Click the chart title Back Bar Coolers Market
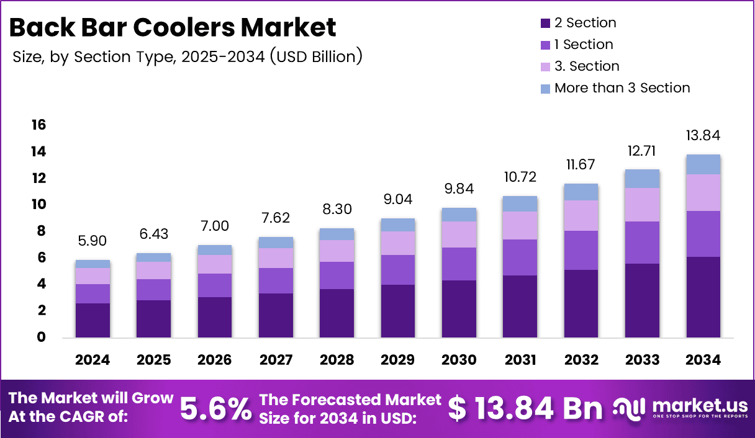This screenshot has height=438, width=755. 173,27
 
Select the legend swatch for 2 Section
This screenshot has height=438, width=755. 545,24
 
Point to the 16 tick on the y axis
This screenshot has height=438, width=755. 38,125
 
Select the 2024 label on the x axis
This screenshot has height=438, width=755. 93,360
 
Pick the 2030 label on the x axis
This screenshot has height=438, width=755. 459,360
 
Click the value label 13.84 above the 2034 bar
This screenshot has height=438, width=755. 703,136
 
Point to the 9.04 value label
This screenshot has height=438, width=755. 398,200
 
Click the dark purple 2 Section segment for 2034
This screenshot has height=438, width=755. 703,297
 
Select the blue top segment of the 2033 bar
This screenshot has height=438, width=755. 642,179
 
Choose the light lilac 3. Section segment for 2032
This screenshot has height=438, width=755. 581,215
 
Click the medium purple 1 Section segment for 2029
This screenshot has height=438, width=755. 398,270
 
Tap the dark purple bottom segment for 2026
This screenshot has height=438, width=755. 215,317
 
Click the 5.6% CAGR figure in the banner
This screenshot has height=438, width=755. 216,408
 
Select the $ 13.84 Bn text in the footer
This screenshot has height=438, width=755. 525,408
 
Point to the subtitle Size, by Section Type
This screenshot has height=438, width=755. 187,56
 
